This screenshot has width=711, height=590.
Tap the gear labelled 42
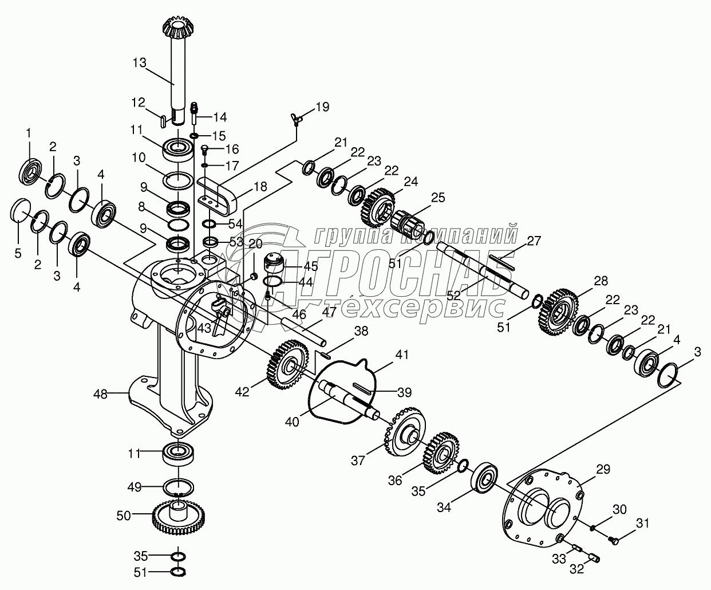(x=287, y=364)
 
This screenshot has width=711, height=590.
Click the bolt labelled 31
(x=613, y=539)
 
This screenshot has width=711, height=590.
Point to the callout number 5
(x=18, y=251)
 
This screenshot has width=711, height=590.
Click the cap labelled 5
(x=22, y=210)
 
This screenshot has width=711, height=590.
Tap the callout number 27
(x=534, y=241)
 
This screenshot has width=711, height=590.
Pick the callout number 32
(x=576, y=569)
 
